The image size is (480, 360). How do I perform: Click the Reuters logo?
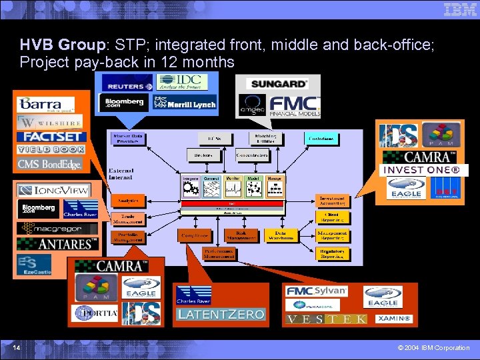[x=127, y=87]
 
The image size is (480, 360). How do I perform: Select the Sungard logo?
[x=277, y=83]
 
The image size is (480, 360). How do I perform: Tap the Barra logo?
[x=45, y=104]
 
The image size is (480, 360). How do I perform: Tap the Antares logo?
[x=57, y=243]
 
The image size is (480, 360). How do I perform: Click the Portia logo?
[x=97, y=312]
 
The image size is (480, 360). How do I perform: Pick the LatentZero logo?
[x=221, y=313]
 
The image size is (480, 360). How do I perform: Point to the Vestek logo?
[x=326, y=319]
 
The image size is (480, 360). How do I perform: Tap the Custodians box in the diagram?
[x=321, y=138]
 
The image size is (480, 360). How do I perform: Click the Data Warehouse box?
[x=281, y=235]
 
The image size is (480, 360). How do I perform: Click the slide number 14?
[x=15, y=347]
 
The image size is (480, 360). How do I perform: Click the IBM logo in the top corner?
[x=460, y=9]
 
